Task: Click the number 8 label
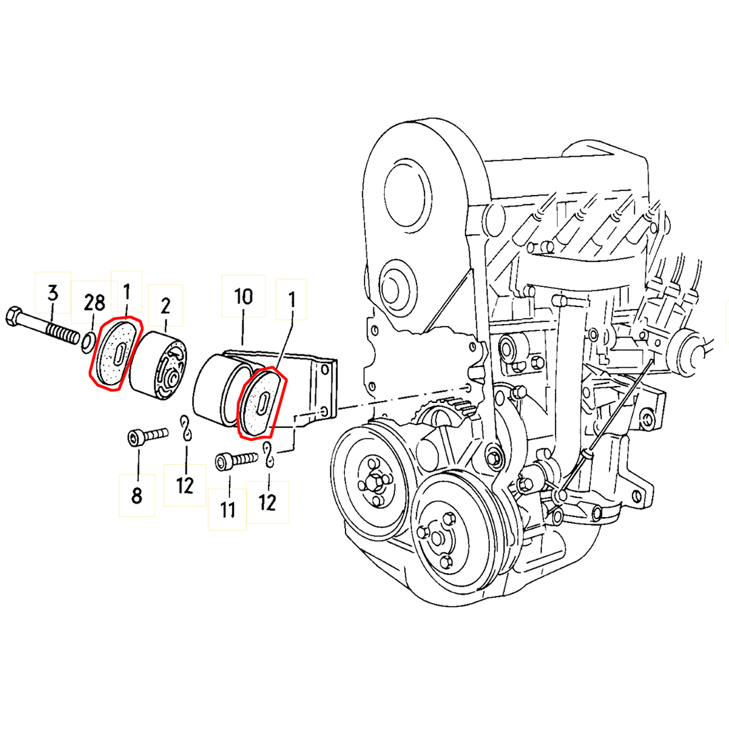(136, 496)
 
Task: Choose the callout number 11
(228, 509)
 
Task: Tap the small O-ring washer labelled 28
(88, 343)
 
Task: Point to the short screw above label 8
(147, 437)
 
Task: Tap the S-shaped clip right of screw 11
(269, 456)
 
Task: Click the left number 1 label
(126, 294)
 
